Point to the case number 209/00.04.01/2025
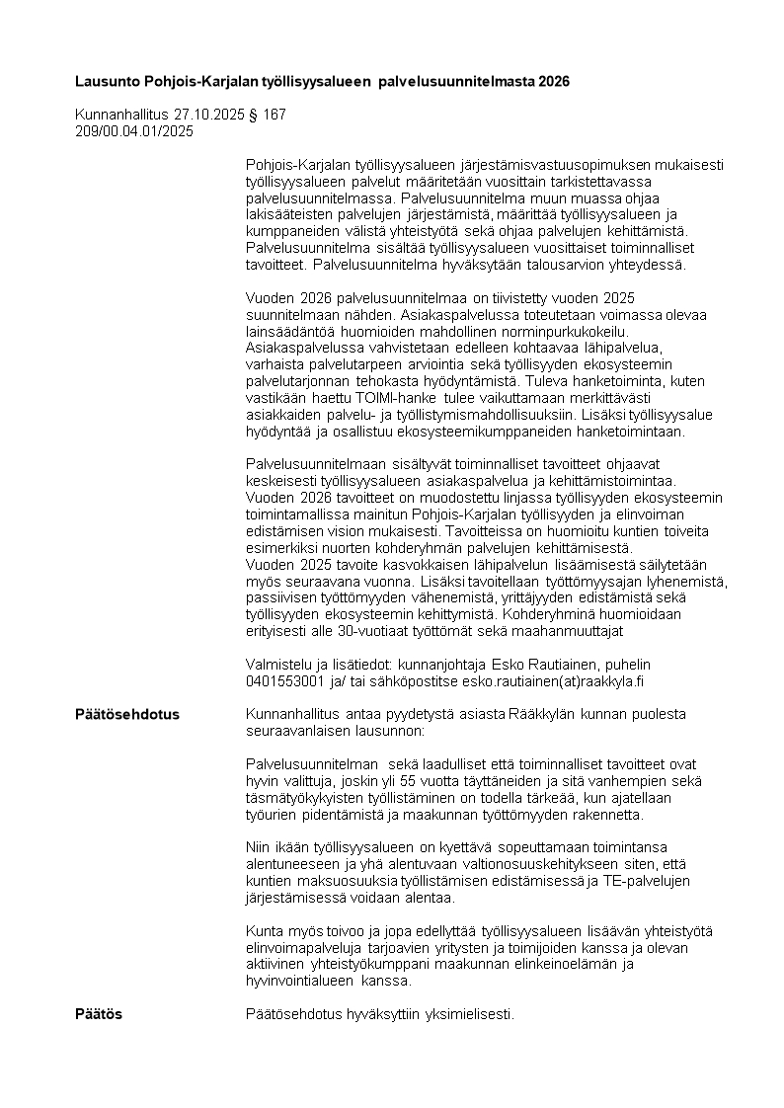pos(134,130)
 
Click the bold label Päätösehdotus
pos(127,714)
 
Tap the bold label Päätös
pos(100,1014)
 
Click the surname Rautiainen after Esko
pos(551,665)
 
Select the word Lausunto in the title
pos(107,81)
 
